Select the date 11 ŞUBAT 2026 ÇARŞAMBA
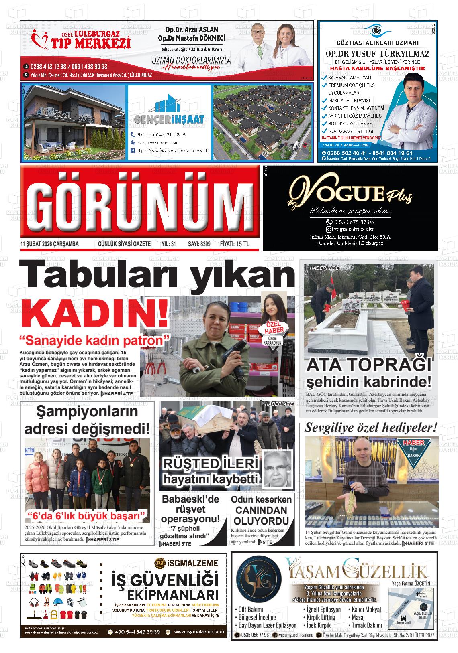click(x=49, y=244)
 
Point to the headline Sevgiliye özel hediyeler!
click(x=371, y=428)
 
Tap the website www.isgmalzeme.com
click(x=199, y=632)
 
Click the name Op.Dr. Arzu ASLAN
click(x=192, y=30)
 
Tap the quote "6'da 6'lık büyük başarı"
click(x=87, y=515)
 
